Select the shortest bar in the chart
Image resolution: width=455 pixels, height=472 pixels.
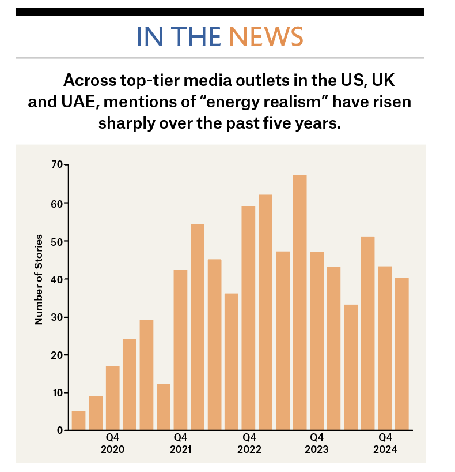coord(78,421)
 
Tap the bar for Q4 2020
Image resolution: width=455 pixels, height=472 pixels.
coord(112,398)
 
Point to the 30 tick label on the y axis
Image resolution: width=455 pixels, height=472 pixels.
coord(56,317)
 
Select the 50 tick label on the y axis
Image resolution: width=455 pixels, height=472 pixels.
coord(56,241)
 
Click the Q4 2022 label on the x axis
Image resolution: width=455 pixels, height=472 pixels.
coord(249,444)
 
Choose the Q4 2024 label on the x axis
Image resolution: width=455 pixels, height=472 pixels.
coord(385,444)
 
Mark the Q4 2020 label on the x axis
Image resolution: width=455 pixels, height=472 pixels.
coord(112,444)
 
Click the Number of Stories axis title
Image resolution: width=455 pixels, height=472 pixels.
coord(39,280)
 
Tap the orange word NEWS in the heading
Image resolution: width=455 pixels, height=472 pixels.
coord(266,37)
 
